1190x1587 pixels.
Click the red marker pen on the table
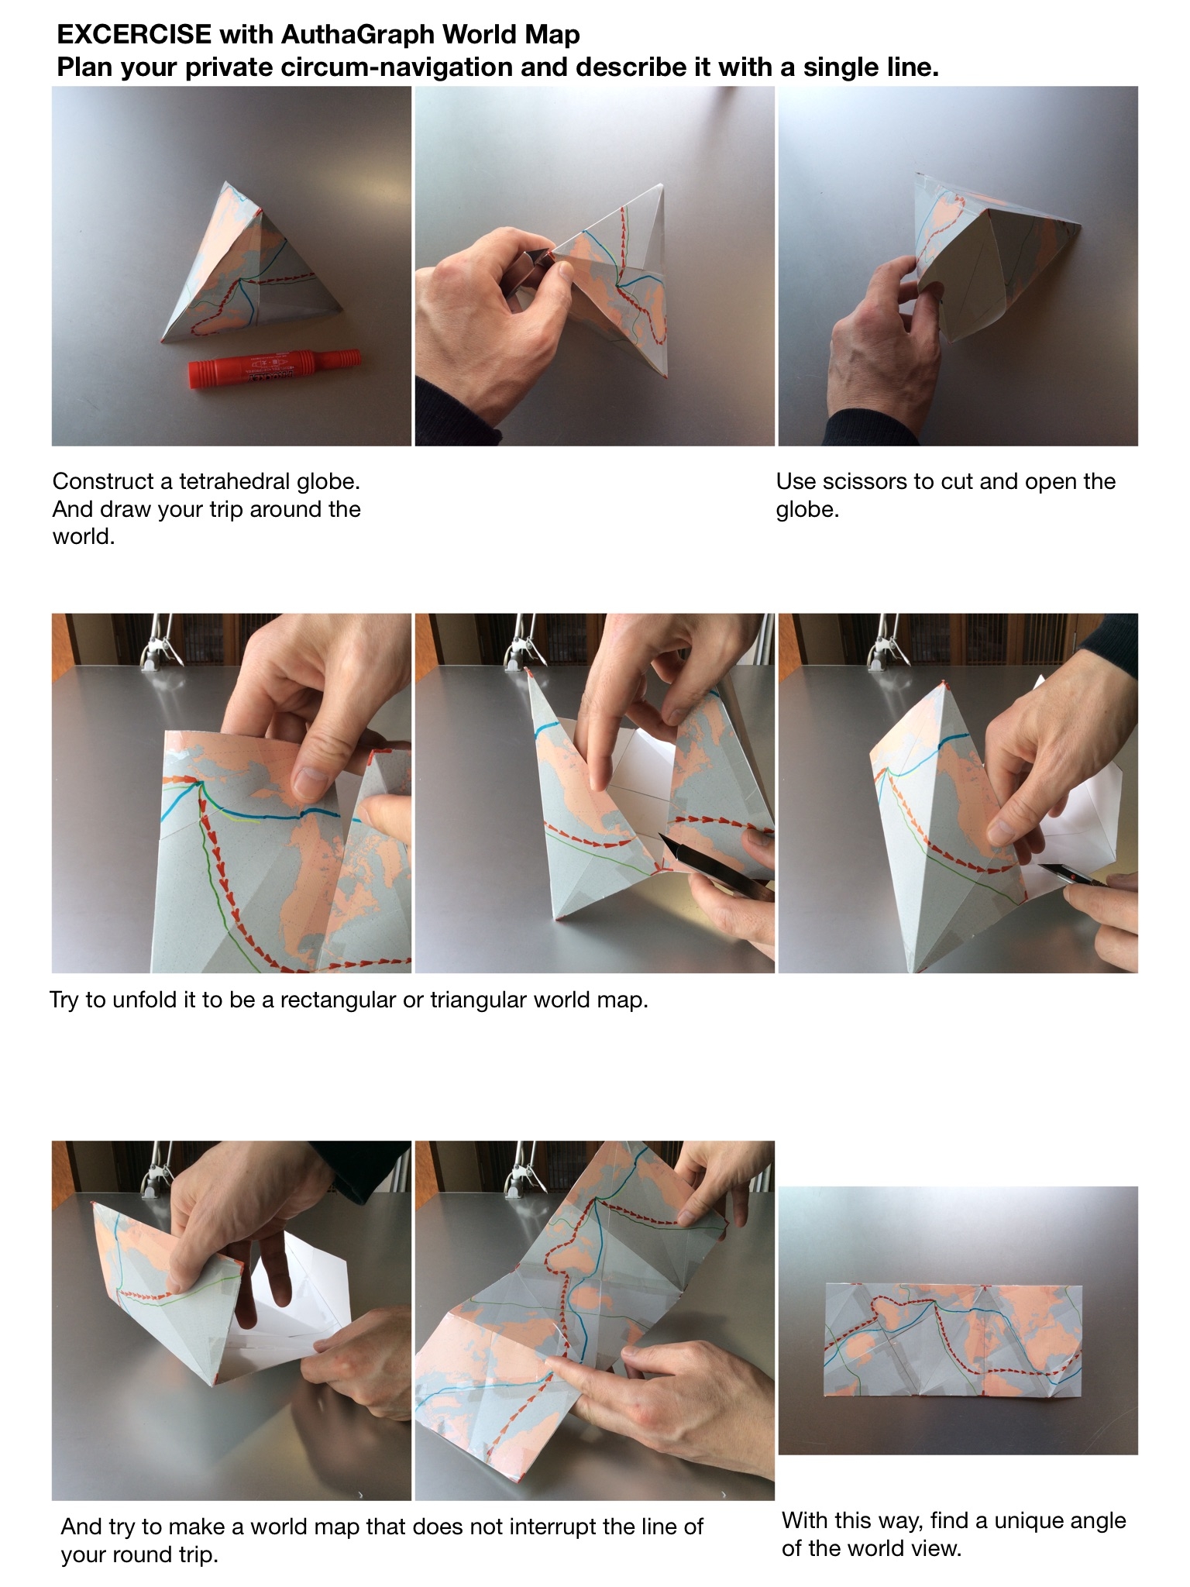(x=274, y=364)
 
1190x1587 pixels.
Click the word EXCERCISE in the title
(x=134, y=35)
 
